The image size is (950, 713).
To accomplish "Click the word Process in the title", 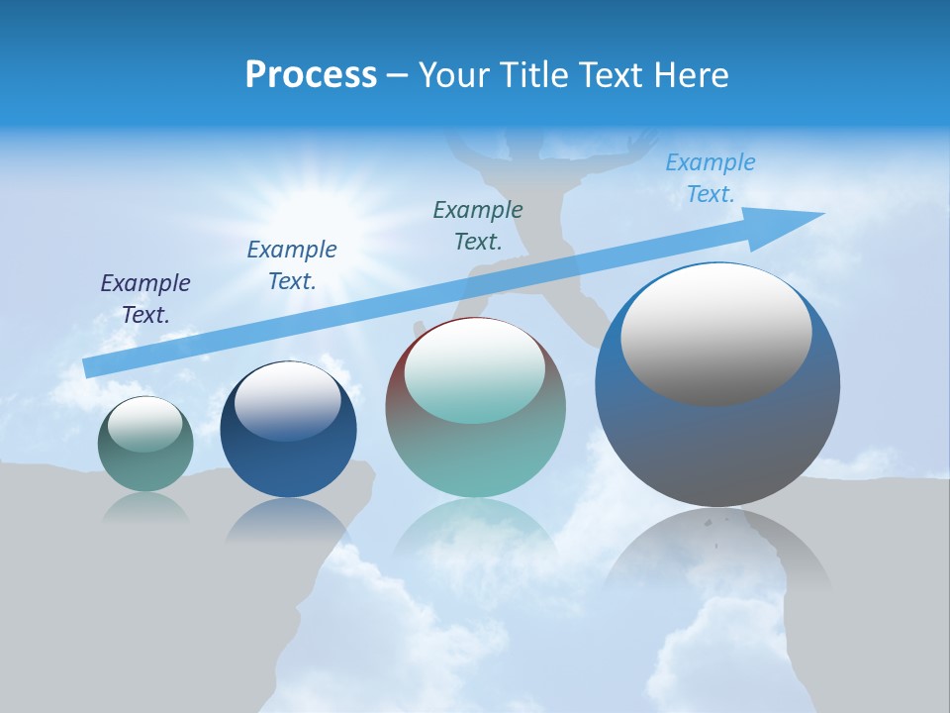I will tap(311, 75).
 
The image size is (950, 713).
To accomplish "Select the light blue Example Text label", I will tap(710, 178).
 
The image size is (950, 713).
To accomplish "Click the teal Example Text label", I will tap(478, 225).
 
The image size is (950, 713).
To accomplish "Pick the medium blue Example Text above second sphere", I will tap(292, 265).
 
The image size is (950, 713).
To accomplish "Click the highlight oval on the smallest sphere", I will tap(144, 424).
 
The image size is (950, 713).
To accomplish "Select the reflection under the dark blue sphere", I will tap(288, 520).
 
